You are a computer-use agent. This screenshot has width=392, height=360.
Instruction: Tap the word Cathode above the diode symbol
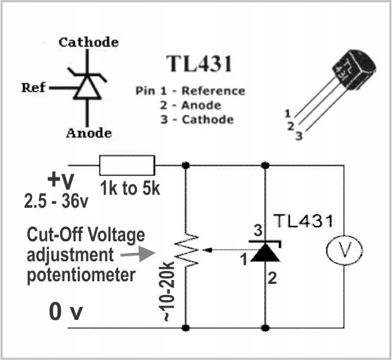[x=89, y=43]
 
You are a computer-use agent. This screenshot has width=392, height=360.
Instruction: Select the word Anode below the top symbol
[x=88, y=133]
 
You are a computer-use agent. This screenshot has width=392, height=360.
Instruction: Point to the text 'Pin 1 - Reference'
[x=191, y=91]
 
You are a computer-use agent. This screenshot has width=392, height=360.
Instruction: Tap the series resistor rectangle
[x=127, y=165]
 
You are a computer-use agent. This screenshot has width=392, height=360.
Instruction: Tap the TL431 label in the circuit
[x=303, y=221]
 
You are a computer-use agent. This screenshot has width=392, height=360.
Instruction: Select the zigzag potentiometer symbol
[x=186, y=248]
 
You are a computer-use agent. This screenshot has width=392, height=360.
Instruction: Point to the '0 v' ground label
[x=66, y=312]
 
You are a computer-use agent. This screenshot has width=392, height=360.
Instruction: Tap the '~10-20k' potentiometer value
[x=166, y=294]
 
